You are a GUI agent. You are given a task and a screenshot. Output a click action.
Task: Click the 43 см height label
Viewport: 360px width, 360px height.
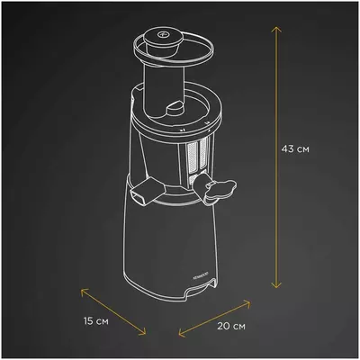point(294,148)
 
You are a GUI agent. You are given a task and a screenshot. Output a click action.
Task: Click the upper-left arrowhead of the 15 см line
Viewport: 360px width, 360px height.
point(82,290)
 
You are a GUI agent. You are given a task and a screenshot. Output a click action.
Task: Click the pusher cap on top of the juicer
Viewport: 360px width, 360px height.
point(163,38)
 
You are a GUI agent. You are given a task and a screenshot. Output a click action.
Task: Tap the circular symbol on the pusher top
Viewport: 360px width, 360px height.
point(163,35)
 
